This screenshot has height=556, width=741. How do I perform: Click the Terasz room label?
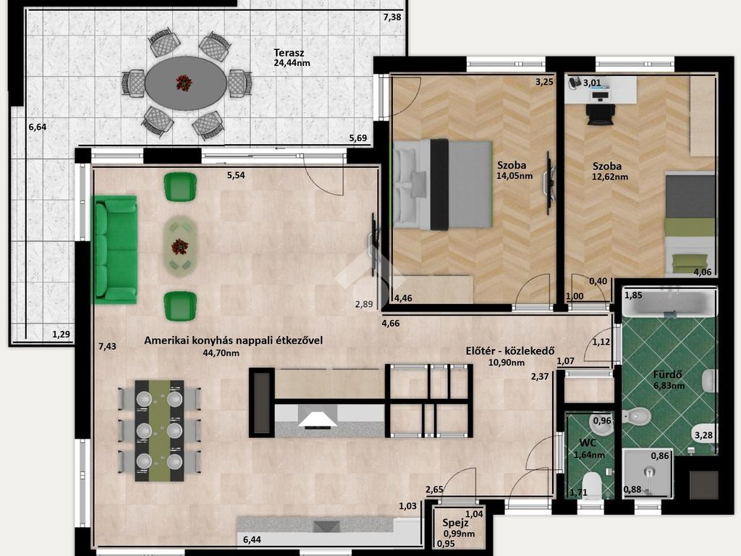coord(289,53)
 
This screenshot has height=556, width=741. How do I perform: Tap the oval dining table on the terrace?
coord(186,83)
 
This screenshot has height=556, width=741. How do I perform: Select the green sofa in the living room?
coord(116,249)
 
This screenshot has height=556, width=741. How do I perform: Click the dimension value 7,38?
coord(392,17)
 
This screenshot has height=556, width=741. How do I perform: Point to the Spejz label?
coord(456,523)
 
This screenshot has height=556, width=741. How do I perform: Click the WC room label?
coord(588,443)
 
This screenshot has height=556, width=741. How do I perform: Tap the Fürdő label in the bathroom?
coord(668,374)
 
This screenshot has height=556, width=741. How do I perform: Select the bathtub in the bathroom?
coord(669,303)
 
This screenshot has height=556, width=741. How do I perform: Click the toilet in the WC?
coord(591,486)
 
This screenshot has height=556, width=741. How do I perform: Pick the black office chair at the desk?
coord(601,114)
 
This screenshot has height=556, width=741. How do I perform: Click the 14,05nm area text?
coord(515,176)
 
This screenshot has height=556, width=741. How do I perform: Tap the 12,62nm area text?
coord(609,177)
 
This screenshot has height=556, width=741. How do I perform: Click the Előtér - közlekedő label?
coord(510,351)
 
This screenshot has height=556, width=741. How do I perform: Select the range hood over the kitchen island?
coord(318,419)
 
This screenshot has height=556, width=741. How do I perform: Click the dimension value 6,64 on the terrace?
coord(38,127)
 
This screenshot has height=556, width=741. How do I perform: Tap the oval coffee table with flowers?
coord(179,247)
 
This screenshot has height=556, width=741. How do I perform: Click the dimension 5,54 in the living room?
coord(236,175)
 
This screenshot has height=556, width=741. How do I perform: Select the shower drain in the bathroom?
coord(650,472)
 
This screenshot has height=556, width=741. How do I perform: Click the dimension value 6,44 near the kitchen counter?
coord(252,539)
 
